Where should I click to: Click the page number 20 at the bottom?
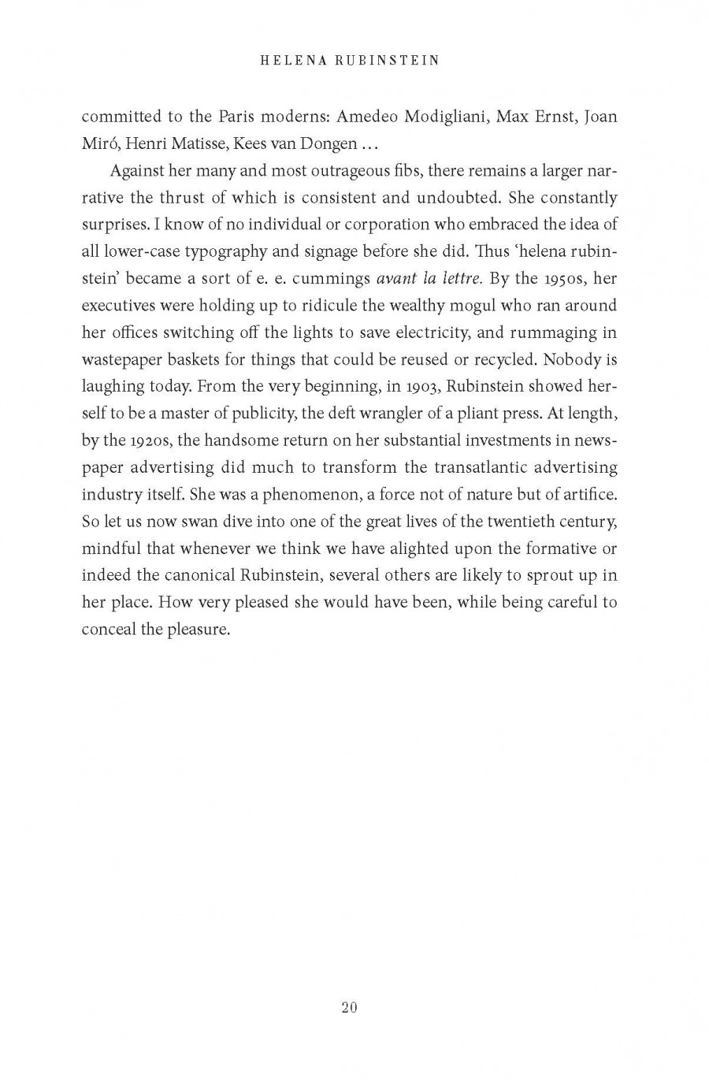tap(350, 1007)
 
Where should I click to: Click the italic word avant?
tap(400, 278)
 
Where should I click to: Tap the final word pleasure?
tap(198, 629)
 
